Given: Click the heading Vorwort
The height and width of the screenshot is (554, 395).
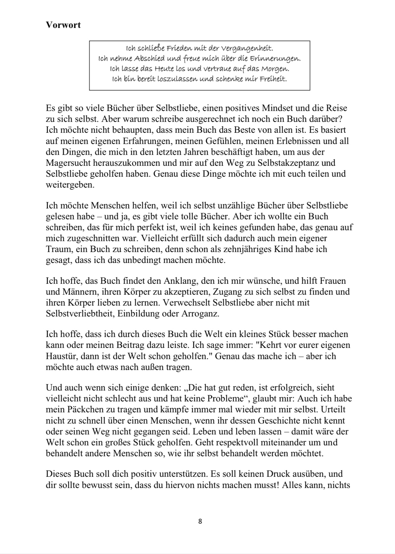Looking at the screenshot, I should pyautogui.click(x=63, y=25).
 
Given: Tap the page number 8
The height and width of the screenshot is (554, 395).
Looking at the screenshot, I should pyautogui.click(x=200, y=521).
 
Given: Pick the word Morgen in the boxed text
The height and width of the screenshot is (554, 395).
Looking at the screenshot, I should pyautogui.click(x=275, y=69).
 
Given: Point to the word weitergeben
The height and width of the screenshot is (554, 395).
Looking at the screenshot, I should pyautogui.click(x=70, y=185).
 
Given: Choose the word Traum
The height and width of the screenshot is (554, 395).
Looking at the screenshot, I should pyautogui.click(x=56, y=249).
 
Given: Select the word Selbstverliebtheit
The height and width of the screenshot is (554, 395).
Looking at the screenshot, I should pyautogui.click(x=80, y=314).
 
